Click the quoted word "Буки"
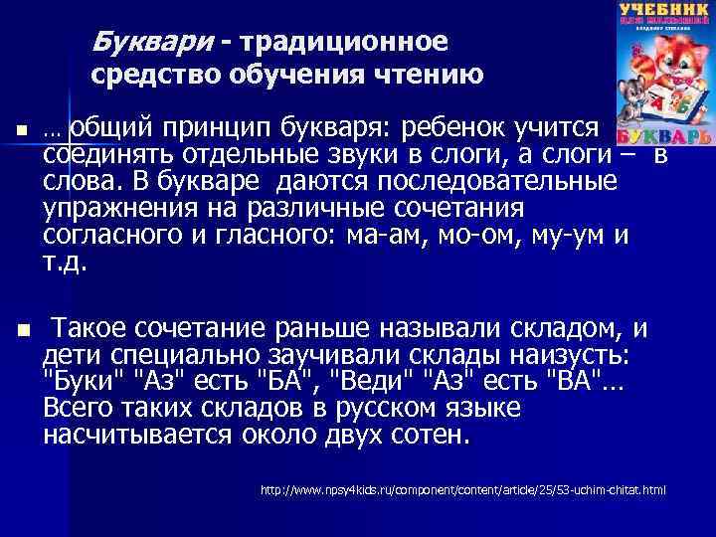(89, 382)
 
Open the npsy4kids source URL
(462, 491)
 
